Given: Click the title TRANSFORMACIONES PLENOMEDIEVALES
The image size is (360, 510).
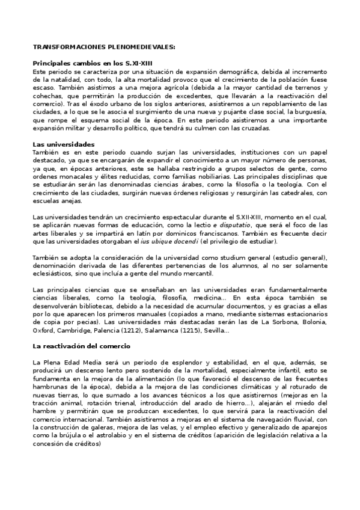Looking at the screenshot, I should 104,46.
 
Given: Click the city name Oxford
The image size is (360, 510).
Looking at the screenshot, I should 44,330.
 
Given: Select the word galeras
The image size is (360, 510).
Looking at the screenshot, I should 101,427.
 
